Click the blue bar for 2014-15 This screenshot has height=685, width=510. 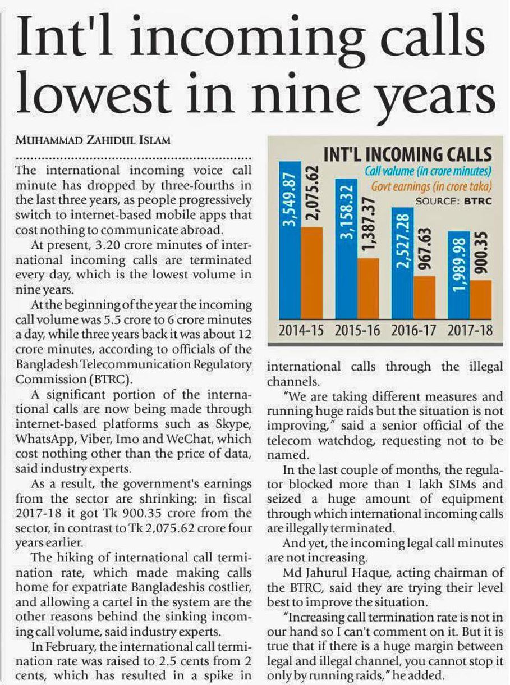[290, 240]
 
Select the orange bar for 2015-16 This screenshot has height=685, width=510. [368, 289]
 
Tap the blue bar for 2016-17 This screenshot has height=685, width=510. [402, 263]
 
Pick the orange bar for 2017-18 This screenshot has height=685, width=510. [481, 300]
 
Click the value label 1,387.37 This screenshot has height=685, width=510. [368, 226]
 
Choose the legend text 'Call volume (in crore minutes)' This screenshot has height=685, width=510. [428, 171]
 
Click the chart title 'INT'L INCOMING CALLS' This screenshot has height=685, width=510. [407, 154]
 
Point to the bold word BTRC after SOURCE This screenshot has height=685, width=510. [478, 202]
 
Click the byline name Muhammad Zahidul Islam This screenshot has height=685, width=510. [93, 140]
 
